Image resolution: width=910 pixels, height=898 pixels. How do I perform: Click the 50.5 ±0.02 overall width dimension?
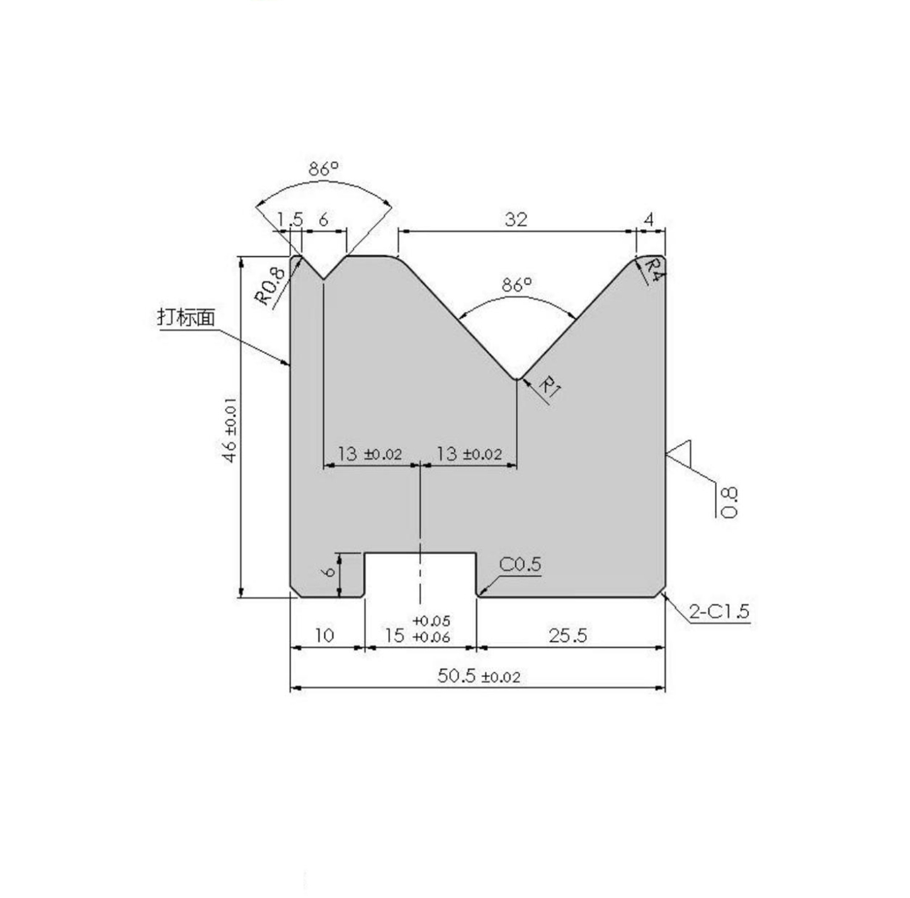pyautogui.click(x=479, y=676)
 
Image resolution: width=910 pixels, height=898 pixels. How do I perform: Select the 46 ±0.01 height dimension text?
pyautogui.click(x=230, y=429)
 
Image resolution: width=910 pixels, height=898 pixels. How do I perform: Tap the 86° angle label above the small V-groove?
pyautogui.click(x=324, y=169)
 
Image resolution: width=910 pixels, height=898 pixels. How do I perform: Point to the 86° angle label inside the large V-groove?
pyautogui.click(x=517, y=285)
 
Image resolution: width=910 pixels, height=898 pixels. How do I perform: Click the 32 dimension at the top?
pyautogui.click(x=516, y=220)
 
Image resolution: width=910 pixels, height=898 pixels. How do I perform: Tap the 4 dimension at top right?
pyautogui.click(x=649, y=220)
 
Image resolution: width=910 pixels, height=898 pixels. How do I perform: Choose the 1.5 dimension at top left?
pyautogui.click(x=290, y=220)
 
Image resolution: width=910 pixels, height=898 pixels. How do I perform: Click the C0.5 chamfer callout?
pyautogui.click(x=520, y=564)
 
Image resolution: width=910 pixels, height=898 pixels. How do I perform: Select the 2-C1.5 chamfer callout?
pyautogui.click(x=719, y=611)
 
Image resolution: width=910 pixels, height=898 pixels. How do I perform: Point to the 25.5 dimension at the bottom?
pyautogui.click(x=567, y=636)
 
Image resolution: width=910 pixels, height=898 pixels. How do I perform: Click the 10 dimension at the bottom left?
pyautogui.click(x=324, y=636)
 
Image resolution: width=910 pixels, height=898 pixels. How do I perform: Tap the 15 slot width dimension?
pyautogui.click(x=395, y=636)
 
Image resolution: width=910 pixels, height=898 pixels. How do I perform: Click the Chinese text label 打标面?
pyautogui.click(x=186, y=317)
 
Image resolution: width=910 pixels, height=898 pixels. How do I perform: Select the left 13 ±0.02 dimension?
pyautogui.click(x=369, y=454)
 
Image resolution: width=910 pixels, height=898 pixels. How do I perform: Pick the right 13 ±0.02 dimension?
pyautogui.click(x=469, y=454)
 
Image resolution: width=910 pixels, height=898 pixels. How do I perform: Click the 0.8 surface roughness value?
pyautogui.click(x=729, y=502)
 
